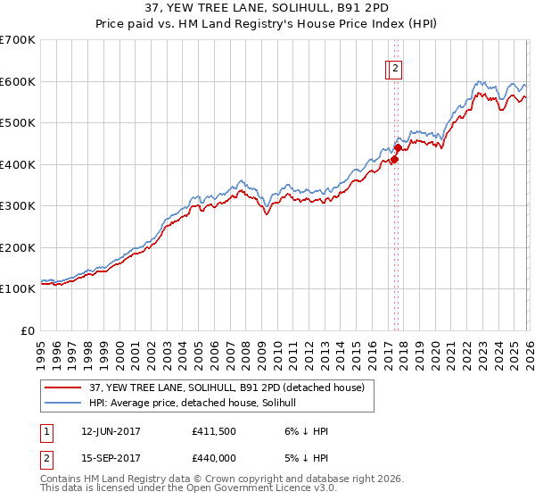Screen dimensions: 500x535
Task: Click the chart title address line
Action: click(267, 8)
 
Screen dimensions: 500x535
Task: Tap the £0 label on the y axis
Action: click(27, 330)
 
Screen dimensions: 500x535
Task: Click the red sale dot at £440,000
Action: click(398, 148)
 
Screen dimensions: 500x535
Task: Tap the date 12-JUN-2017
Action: click(111, 431)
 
